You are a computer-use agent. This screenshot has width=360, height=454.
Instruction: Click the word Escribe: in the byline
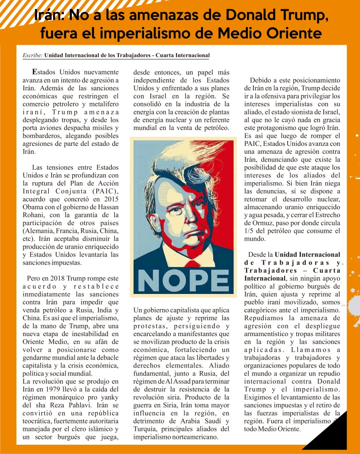coord(32,55)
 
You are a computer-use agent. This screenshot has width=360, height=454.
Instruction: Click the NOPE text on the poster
coord(183,280)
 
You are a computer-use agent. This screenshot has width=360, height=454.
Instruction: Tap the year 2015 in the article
coord(110,200)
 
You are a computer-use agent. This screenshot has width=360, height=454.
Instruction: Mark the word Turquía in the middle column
coord(145,429)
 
